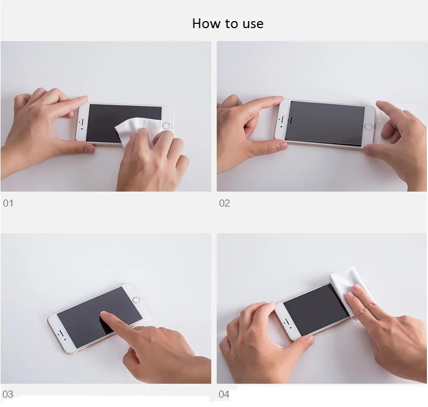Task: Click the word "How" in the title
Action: click(206, 23)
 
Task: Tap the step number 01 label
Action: click(8, 203)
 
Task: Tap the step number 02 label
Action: click(224, 203)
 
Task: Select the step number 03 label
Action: click(8, 394)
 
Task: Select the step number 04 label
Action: click(224, 394)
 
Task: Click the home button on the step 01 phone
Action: click(166, 126)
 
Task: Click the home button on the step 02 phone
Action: click(368, 127)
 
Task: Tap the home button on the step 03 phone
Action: click(136, 300)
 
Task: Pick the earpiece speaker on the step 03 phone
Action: click(61, 333)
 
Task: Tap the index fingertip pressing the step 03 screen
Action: click(105, 316)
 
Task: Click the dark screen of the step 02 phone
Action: click(326, 123)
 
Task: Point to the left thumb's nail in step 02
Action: click(282, 146)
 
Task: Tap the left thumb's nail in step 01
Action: click(89, 149)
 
